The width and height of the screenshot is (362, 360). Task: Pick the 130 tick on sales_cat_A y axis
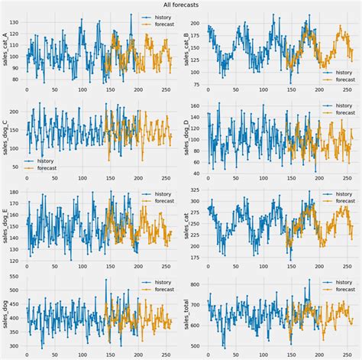16,22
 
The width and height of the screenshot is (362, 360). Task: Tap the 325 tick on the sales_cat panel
198,190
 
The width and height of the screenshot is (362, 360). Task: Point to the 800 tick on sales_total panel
198,284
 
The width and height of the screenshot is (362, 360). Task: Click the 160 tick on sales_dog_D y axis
198,107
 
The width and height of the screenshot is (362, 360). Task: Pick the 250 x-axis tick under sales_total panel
348,355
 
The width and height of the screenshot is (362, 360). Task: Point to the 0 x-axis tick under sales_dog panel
27,355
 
